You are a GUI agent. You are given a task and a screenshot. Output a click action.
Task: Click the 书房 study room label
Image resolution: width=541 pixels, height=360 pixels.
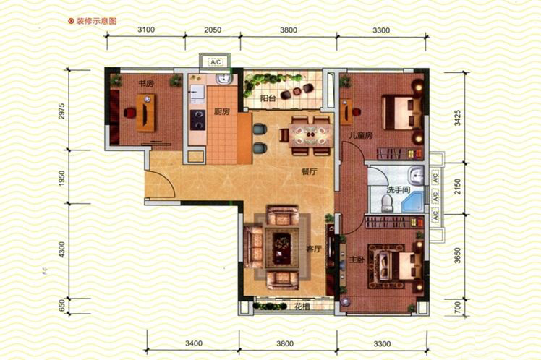[x=146, y=83]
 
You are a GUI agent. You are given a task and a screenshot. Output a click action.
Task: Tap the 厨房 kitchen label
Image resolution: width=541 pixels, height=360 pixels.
[x=221, y=112]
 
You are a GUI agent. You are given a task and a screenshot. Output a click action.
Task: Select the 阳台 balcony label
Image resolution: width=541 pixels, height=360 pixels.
[x=268, y=98]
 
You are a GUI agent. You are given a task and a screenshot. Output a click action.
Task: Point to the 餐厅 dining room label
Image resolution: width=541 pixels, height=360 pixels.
[x=309, y=171]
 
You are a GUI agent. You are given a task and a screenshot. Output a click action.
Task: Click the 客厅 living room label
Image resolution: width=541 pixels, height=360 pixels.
[x=314, y=249]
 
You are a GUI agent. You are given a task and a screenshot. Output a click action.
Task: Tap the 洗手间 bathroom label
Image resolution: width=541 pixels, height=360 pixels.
[x=398, y=189]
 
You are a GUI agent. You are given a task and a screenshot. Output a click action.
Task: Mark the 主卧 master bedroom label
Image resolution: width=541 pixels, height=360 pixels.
[x=357, y=260]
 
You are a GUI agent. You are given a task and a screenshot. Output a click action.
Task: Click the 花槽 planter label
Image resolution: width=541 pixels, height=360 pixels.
[x=302, y=307]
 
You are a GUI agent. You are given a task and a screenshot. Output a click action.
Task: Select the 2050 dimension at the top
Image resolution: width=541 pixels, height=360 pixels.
[x=213, y=30]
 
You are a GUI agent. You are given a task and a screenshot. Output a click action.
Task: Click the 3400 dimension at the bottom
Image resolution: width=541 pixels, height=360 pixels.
[x=194, y=343]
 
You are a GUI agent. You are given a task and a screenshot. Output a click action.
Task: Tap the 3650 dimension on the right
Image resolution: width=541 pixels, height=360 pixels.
[x=458, y=255]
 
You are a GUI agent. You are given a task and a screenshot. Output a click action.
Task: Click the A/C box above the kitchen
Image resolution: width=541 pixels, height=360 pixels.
[x=216, y=62]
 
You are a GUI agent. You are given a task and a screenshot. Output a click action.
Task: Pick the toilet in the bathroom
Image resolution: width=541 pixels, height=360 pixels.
[x=387, y=203]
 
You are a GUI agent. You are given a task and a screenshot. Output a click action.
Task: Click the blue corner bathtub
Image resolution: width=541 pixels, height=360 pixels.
[x=412, y=201]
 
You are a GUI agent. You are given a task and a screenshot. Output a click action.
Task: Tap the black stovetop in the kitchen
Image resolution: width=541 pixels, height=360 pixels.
[x=197, y=120]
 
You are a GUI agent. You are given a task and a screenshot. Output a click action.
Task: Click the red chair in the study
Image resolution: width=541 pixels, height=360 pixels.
[x=129, y=113]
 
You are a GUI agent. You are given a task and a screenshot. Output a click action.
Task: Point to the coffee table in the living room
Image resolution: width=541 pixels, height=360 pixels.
[x=282, y=247]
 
